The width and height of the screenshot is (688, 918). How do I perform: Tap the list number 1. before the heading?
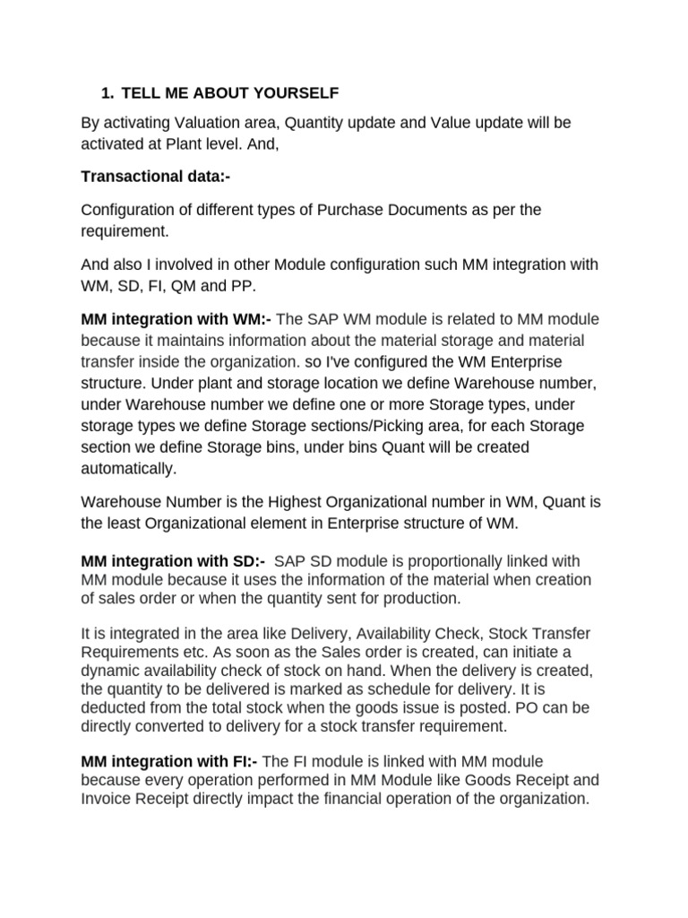click(x=107, y=92)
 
